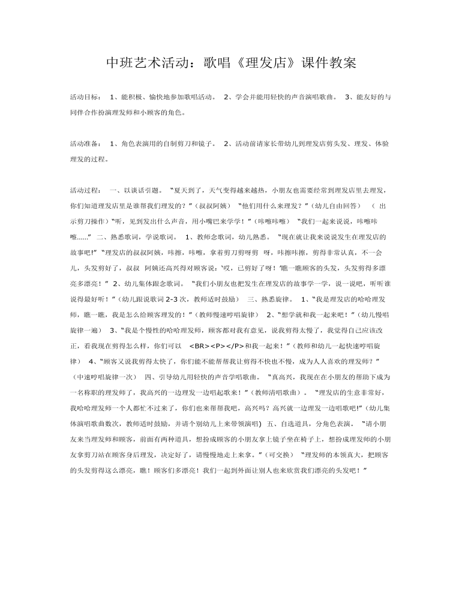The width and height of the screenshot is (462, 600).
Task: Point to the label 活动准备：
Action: point(85,144)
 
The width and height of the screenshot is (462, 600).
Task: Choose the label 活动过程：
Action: point(85,190)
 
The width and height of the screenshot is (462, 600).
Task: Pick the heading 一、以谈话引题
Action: point(137,190)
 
